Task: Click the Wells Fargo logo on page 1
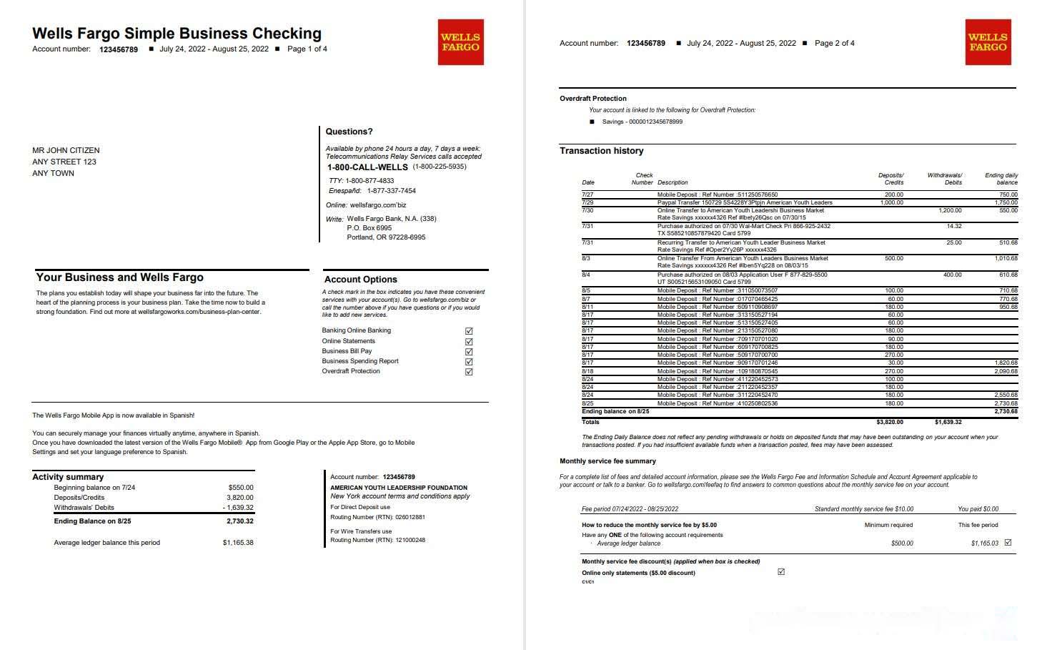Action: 460,42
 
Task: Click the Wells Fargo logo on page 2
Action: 988,42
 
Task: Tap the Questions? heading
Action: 349,132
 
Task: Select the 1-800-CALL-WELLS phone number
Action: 367,167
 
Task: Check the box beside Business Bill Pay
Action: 469,352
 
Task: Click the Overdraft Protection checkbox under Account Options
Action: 469,372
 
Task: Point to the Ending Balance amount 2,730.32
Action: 239,521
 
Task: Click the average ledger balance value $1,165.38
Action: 238,543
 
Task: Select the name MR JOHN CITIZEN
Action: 66,150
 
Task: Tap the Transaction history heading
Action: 601,151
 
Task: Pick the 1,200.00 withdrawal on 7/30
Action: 950,210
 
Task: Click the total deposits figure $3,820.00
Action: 890,422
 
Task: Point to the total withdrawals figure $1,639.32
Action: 948,422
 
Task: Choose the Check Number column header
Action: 643,179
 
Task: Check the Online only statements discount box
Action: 781,572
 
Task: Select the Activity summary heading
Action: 68,477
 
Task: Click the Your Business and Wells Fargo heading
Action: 119,277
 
